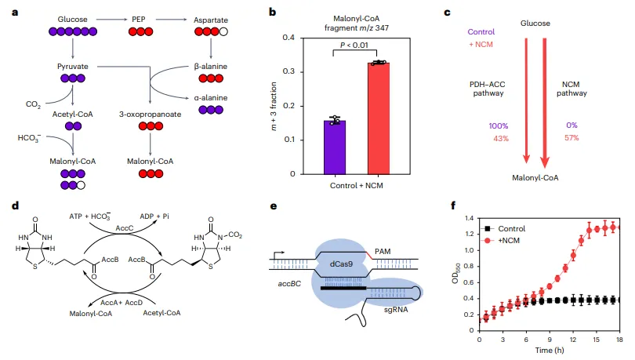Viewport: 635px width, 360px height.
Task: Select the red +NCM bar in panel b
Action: tap(379, 118)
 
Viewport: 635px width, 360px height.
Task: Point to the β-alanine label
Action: tap(211, 66)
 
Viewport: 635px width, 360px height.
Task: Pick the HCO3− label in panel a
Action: tap(28, 137)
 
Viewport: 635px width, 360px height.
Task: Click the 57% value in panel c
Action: tap(572, 138)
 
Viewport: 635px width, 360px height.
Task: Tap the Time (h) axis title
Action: tap(549, 351)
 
